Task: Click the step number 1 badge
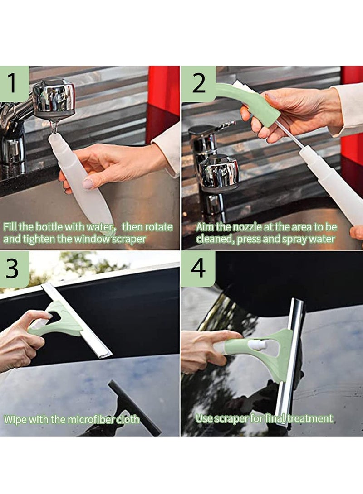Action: (14, 83)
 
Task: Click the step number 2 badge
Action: (198, 83)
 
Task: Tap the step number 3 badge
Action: (14, 269)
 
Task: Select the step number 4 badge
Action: (198, 269)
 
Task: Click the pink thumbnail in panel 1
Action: (88, 183)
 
